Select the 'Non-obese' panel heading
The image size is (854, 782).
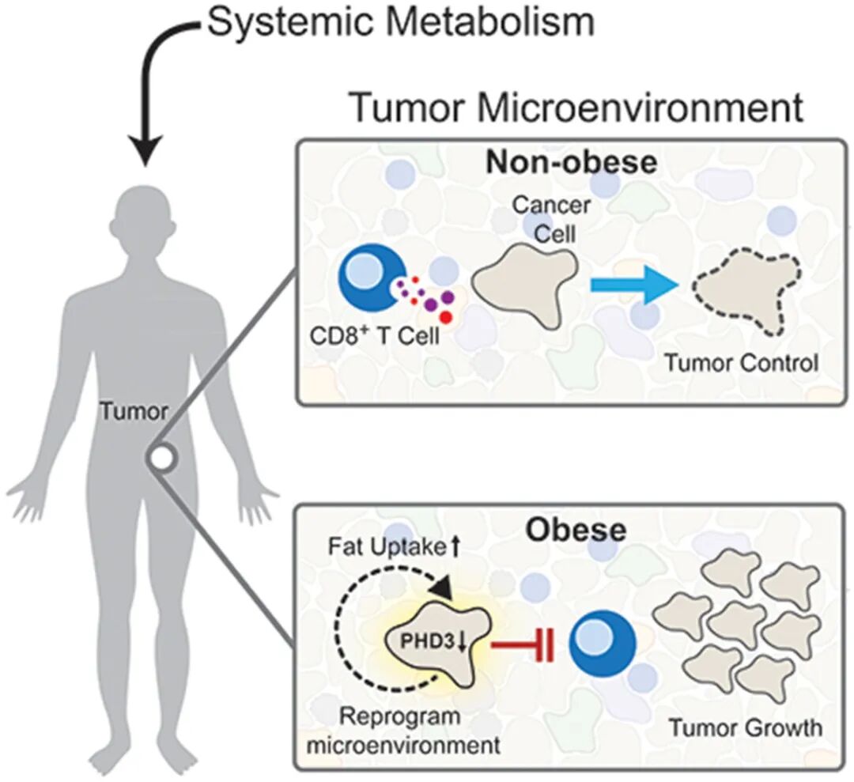[572, 163]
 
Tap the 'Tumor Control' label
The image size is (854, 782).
[740, 365]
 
